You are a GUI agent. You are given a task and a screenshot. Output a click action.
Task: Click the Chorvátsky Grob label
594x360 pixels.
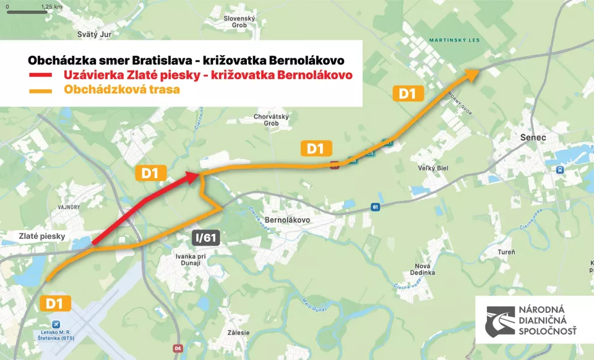point(267,120)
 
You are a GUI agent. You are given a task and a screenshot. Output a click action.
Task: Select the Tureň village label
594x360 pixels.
point(506,252)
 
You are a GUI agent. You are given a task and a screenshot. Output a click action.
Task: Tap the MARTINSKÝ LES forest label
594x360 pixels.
point(455,41)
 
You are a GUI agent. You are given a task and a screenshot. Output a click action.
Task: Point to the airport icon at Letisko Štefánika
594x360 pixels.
point(58,324)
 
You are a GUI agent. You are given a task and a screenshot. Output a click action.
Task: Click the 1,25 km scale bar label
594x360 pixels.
point(52,6)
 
